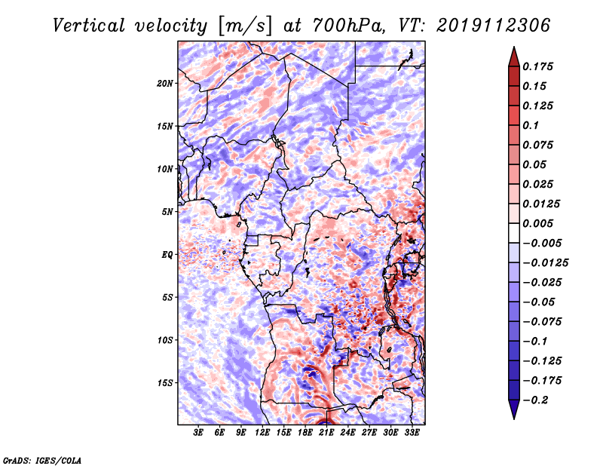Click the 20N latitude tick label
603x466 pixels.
[165, 84]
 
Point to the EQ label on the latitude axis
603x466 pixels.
[167, 255]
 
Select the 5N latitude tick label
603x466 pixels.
[167, 212]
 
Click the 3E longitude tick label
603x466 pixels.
[198, 432]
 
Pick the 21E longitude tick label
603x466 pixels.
[326, 432]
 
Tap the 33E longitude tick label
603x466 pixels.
[412, 432]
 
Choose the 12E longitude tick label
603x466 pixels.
[262, 432]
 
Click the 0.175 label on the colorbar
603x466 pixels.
[537, 66]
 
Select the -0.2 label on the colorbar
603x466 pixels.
[535, 400]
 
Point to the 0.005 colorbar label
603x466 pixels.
[537, 223]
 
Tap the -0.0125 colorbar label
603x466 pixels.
[545, 263]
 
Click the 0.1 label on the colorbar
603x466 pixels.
[531, 125]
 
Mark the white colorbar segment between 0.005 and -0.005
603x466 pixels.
[514, 233]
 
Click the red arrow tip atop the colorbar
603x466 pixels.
[514, 48]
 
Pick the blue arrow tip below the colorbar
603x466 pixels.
[514, 418]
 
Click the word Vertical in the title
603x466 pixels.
[88, 26]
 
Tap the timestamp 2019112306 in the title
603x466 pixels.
[493, 26]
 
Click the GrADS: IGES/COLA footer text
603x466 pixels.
[42, 461]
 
